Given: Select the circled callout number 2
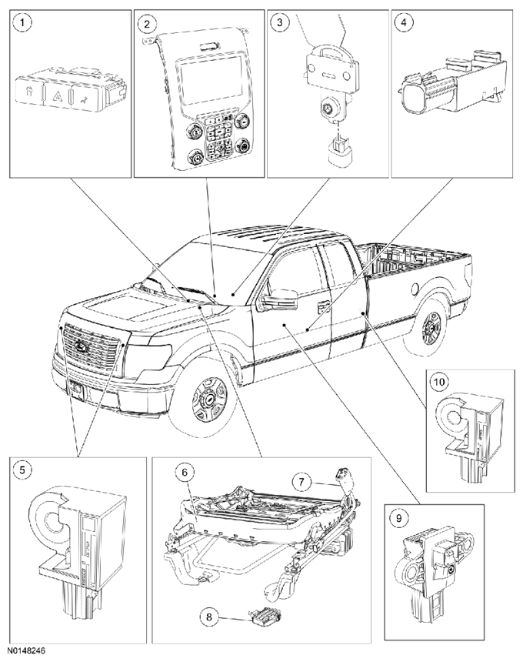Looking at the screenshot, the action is (x=146, y=23).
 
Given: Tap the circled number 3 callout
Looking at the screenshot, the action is (x=279, y=22).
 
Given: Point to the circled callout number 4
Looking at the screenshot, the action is (x=404, y=22).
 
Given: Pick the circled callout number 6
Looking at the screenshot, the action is (x=185, y=472).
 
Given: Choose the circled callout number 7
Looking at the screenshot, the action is (x=301, y=482).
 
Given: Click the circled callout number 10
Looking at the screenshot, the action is (x=440, y=382).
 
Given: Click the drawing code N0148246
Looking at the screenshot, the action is (x=28, y=650).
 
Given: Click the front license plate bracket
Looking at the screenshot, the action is (x=76, y=390).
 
